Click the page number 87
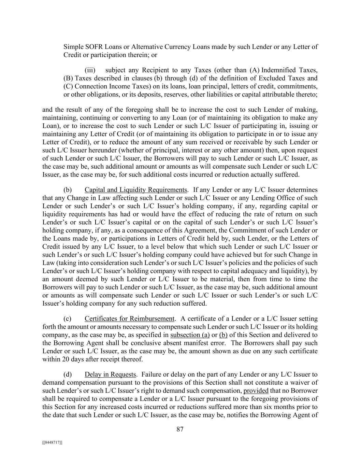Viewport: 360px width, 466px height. click(x=180, y=429)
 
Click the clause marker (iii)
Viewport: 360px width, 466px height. click(x=90, y=70)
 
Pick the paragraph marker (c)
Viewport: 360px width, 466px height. click(x=68, y=319)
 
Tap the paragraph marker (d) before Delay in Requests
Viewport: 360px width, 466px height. click(x=68, y=375)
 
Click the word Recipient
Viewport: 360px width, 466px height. click(x=156, y=70)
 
